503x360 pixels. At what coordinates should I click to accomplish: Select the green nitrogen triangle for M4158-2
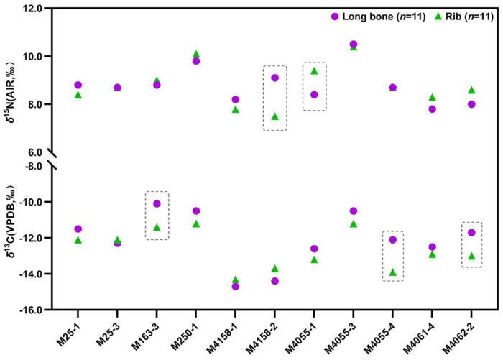point(274,116)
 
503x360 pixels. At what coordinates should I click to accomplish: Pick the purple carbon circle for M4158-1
point(235,286)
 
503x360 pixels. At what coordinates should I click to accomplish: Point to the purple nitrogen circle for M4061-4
point(432,109)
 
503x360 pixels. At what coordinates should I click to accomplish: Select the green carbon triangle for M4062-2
point(471,256)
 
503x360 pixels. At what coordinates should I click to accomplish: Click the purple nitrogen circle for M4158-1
point(235,99)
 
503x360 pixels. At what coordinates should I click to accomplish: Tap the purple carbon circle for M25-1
point(78,229)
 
